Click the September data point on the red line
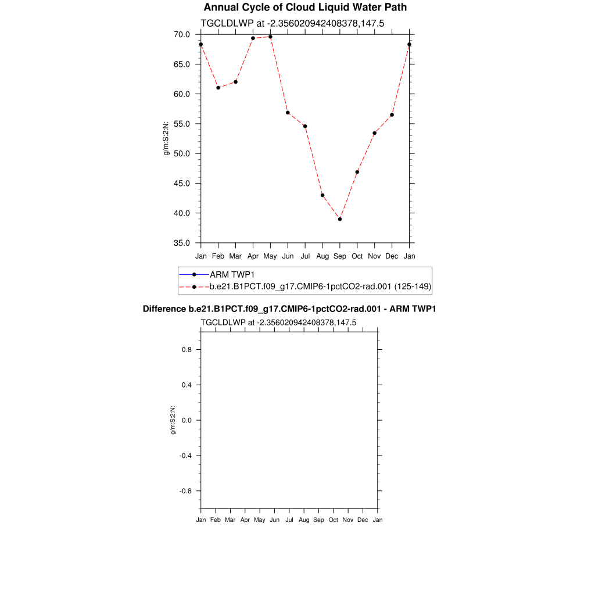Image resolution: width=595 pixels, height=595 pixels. click(x=340, y=219)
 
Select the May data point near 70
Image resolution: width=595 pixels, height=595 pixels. click(x=270, y=37)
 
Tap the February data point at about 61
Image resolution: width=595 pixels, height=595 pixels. click(x=218, y=88)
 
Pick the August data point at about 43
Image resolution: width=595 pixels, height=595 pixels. click(x=322, y=195)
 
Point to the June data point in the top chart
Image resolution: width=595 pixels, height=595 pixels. click(x=288, y=113)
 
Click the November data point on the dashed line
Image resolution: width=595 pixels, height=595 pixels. click(x=375, y=133)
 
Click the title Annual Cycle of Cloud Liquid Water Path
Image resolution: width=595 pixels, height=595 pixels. click(x=305, y=8)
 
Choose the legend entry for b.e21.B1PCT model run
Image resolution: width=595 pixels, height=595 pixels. click(x=320, y=286)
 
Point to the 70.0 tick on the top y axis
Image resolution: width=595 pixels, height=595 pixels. click(x=182, y=34)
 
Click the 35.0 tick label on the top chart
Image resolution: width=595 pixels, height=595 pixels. click(x=182, y=243)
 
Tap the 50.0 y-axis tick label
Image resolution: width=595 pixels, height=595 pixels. click(x=182, y=153)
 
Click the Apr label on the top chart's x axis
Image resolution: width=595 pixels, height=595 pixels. click(x=253, y=256)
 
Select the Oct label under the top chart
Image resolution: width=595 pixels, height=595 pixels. click(x=357, y=256)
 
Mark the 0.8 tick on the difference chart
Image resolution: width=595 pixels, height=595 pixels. click(x=186, y=350)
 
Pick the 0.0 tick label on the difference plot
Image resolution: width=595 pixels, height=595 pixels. click(x=186, y=420)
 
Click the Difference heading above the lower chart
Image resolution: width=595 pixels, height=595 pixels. click(x=289, y=309)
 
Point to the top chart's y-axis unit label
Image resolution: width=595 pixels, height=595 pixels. click(x=167, y=138)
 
